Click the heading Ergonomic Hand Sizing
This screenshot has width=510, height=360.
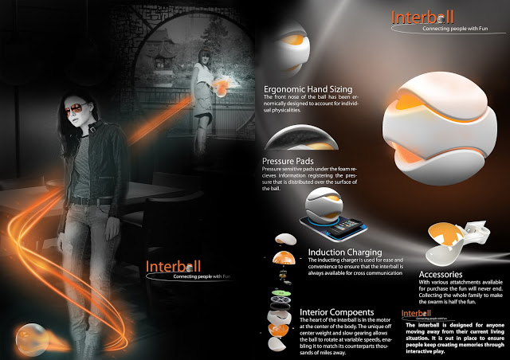point(307,88)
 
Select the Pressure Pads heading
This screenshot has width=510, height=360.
point(288,160)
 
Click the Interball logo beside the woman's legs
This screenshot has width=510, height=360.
point(174,266)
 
